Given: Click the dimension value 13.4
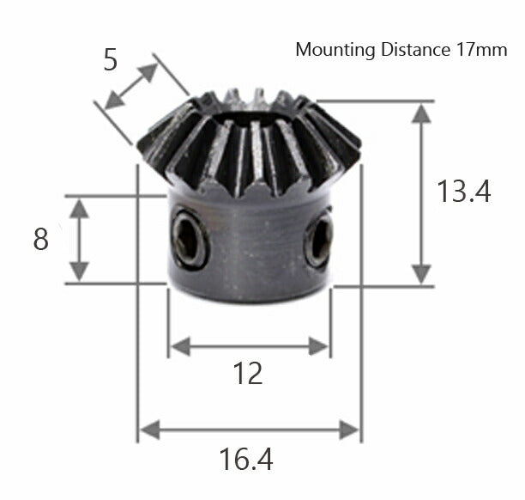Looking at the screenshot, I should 463,192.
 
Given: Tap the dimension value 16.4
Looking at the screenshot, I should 246,460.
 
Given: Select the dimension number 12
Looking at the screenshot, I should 248,374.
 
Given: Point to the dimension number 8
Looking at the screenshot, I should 40,240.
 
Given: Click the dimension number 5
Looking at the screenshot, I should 110,60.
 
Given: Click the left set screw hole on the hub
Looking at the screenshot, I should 189,238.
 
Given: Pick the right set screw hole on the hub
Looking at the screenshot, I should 319,241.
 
